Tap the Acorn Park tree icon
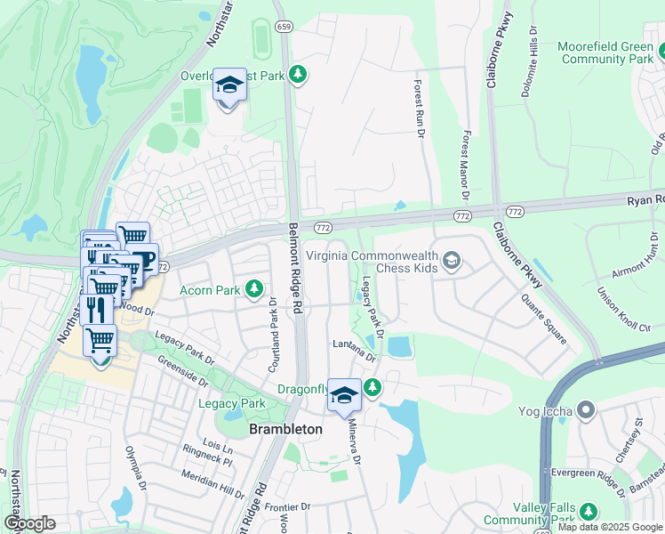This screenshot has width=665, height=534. tap(254, 288)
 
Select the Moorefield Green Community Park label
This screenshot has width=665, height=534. tap(605, 53)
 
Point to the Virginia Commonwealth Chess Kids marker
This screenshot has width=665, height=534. tap(452, 260)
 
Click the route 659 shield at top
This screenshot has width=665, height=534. tap(284, 28)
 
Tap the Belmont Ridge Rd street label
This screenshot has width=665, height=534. tap(295, 268)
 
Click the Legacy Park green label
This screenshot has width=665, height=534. tap(231, 403)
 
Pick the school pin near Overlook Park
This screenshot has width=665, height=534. tap(229, 86)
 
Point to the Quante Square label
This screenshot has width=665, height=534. tap(544, 319)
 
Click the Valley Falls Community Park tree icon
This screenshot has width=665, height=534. tap(587, 511)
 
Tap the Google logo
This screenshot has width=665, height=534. tap(29, 523)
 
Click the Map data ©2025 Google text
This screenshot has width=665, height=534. tap(610, 527)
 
